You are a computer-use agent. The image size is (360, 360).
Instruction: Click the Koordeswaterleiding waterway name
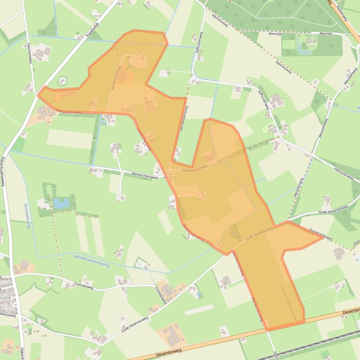click(91, 261)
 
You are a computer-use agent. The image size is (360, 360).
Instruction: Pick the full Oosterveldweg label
click(321, 234)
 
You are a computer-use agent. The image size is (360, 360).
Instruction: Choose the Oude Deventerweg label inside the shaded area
click(258, 233)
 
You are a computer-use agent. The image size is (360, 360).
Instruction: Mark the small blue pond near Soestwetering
click(60, 203)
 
